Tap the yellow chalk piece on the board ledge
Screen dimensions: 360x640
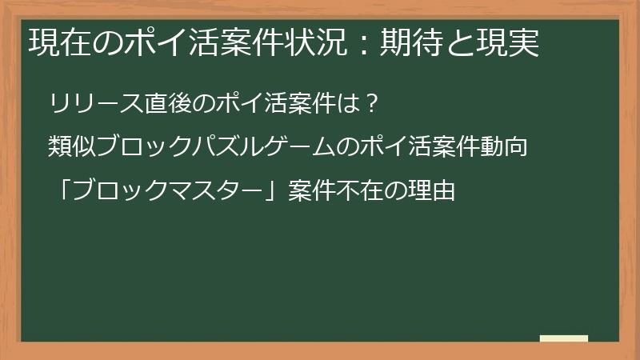pyautogui.click(x=564, y=338)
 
